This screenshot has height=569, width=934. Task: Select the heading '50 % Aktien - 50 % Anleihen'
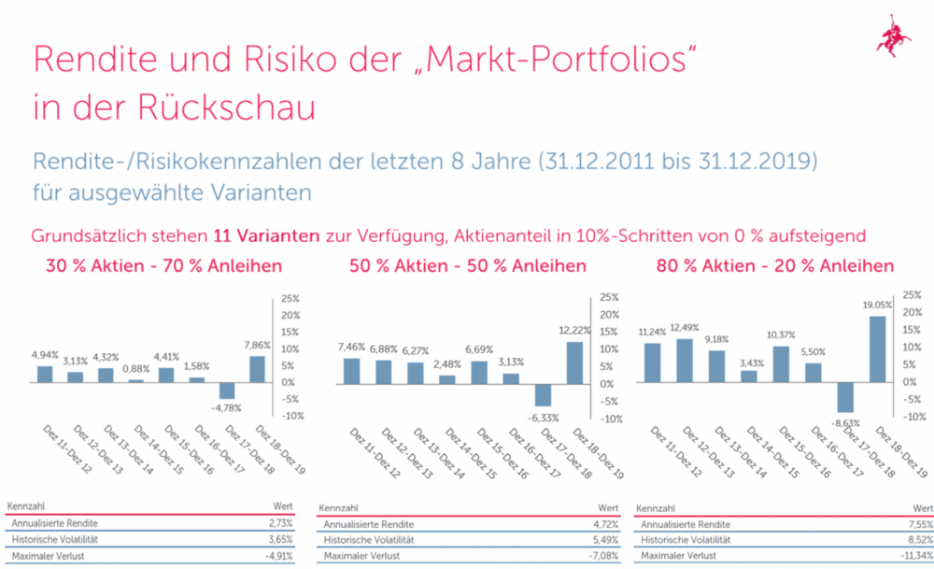coord(468,266)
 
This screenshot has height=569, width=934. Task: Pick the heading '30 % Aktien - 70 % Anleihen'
coord(164,266)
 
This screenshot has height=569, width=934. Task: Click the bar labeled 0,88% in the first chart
coord(136,380)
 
